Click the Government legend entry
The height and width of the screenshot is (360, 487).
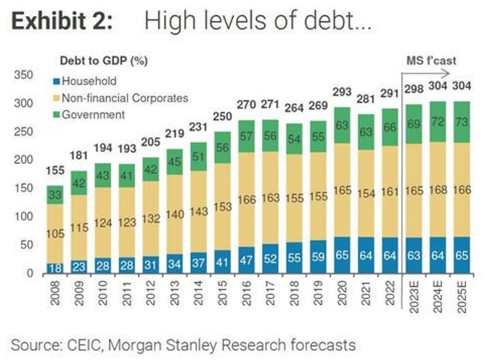(94, 114)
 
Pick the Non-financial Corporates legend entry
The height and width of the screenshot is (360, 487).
(120, 97)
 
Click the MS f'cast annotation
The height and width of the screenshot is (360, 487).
(430, 61)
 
